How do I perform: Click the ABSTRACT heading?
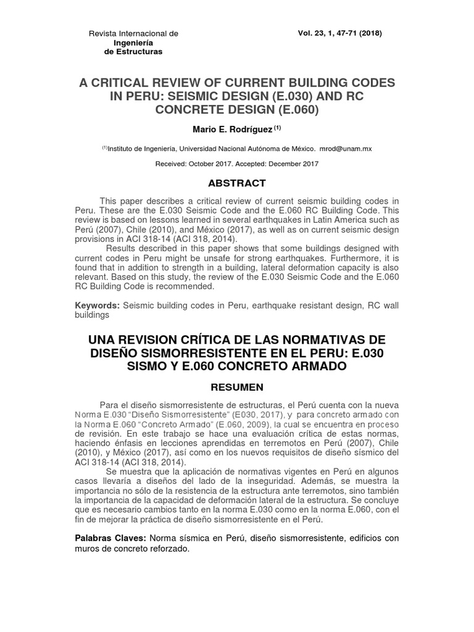point(236,183)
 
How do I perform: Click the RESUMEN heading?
point(236,387)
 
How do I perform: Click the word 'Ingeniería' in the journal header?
point(134,43)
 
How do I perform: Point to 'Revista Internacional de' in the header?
point(134,33)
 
